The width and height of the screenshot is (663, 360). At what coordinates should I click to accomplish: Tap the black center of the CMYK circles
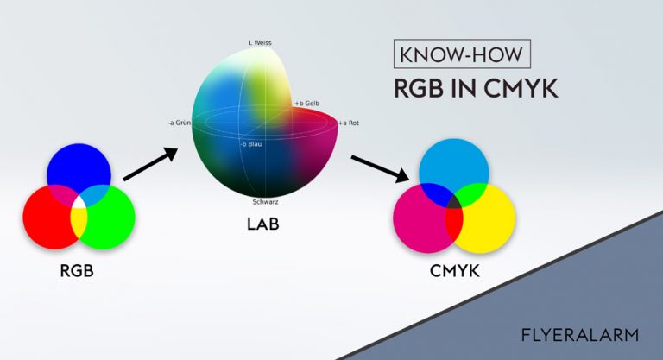pyautogui.click(x=454, y=201)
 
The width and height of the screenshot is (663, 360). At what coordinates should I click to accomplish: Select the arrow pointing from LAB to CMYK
pyautogui.click(x=380, y=169)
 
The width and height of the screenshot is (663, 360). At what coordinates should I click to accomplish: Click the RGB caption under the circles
pyautogui.click(x=77, y=271)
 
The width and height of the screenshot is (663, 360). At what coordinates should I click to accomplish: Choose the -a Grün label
pyautogui.click(x=179, y=123)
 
